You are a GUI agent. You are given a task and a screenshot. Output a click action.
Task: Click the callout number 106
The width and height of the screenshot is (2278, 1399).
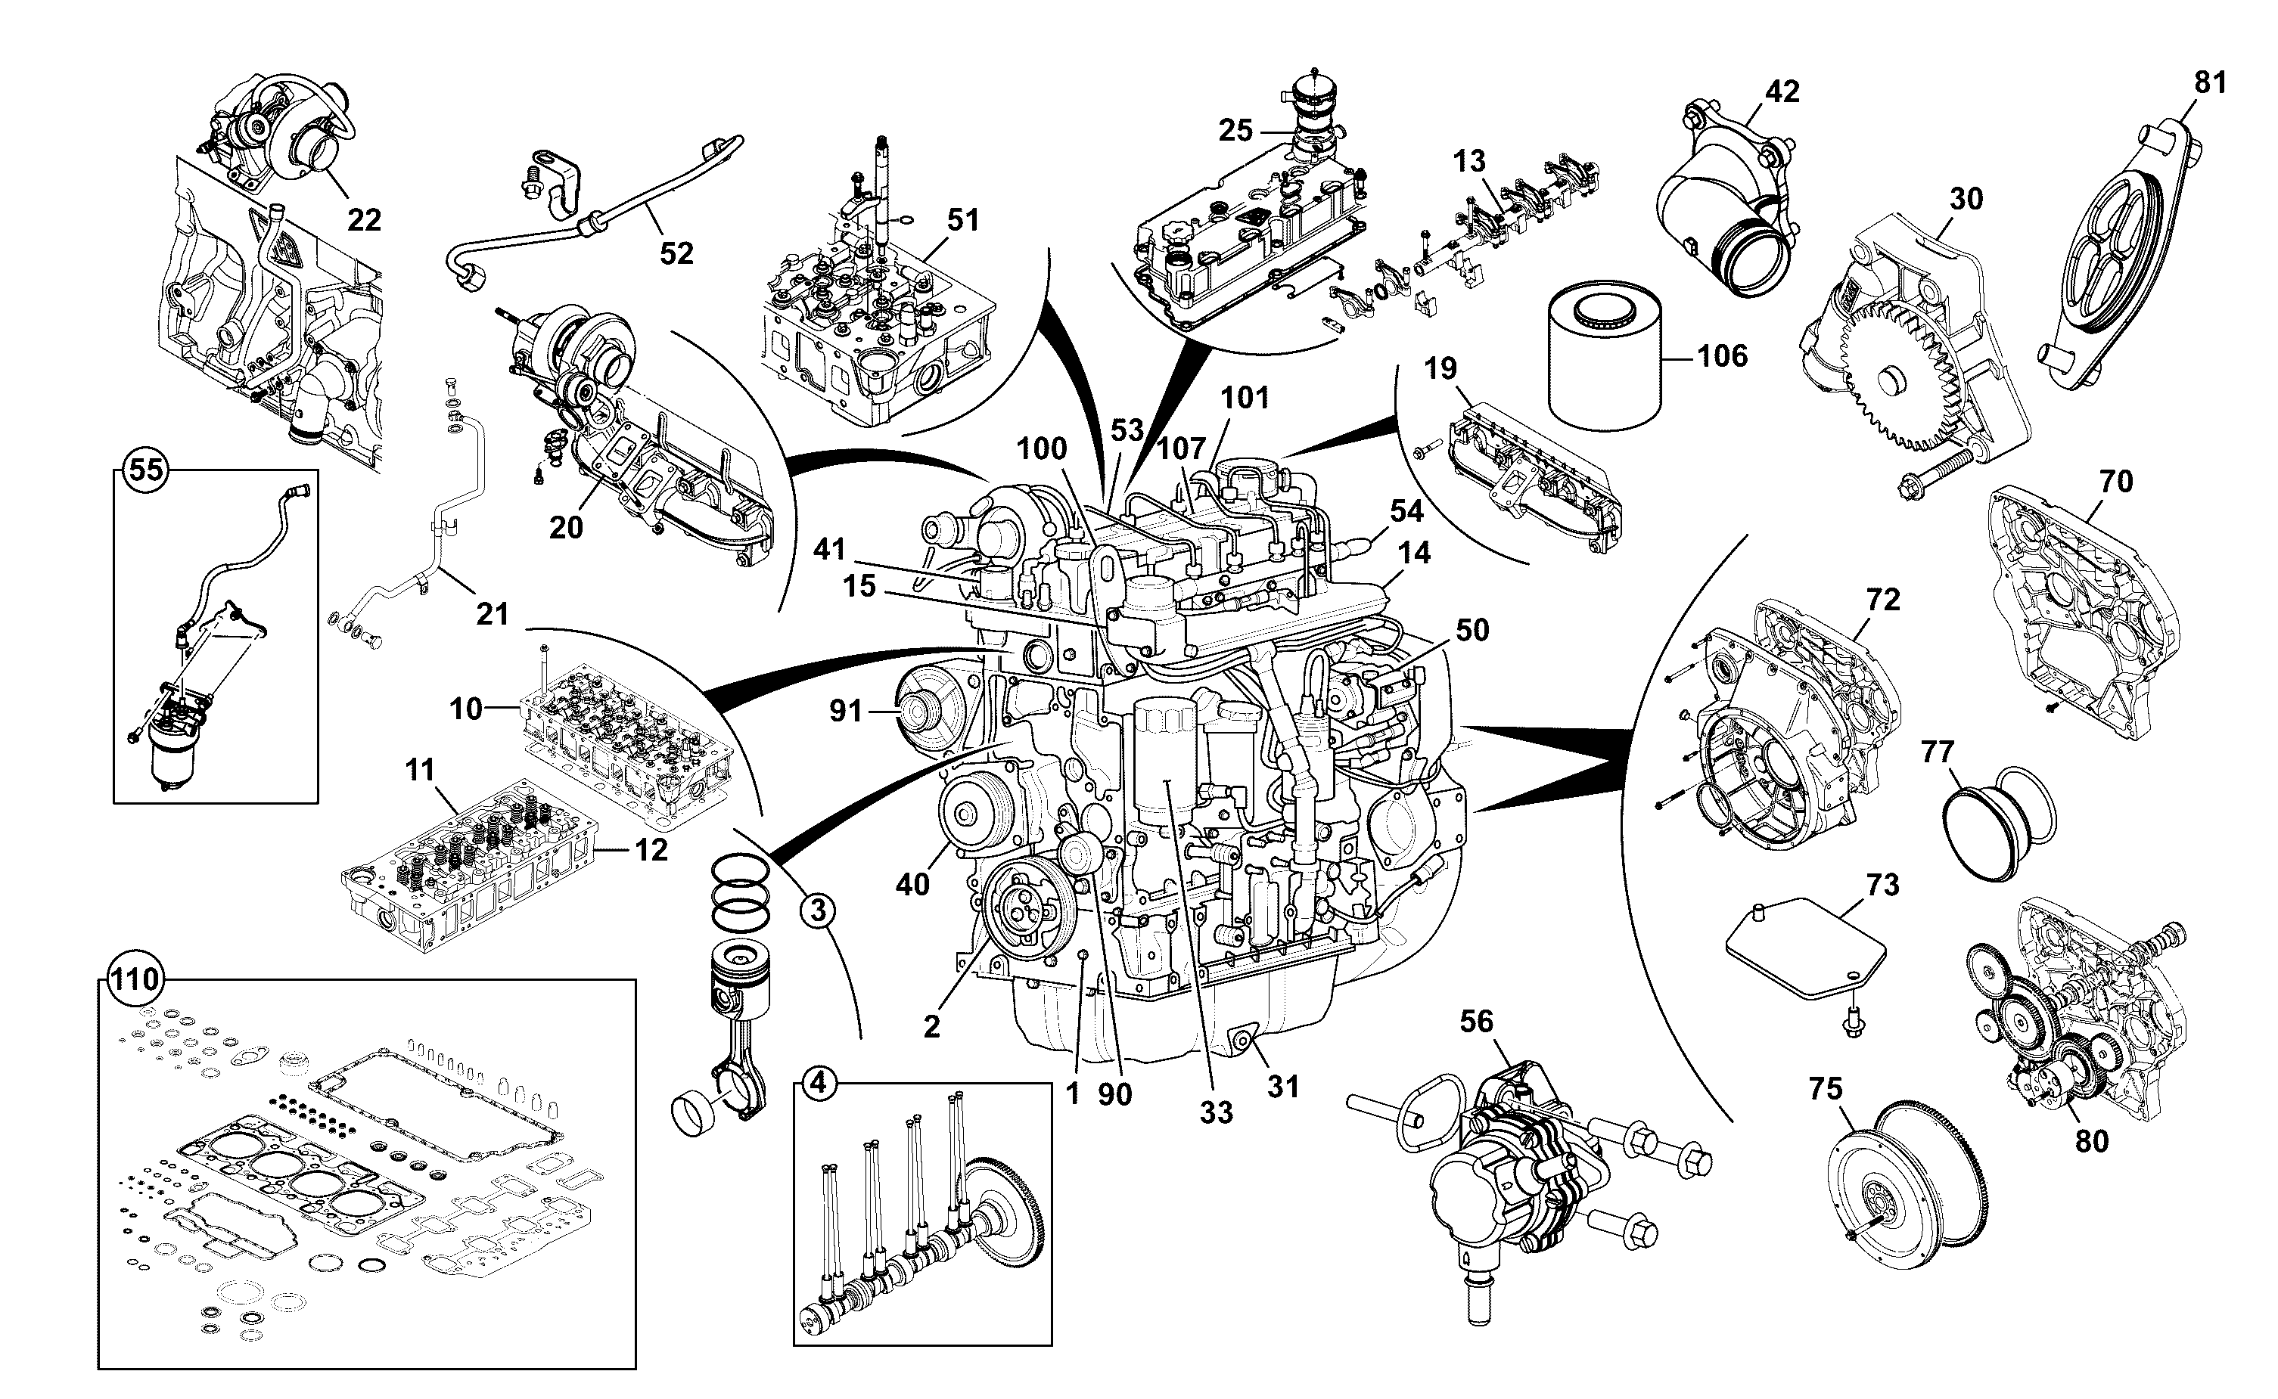click(x=1722, y=356)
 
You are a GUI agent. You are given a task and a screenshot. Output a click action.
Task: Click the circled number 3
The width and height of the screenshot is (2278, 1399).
click(x=817, y=911)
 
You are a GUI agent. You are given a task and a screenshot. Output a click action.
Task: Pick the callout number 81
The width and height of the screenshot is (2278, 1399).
click(x=2211, y=83)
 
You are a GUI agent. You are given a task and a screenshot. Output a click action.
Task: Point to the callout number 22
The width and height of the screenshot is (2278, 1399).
click(x=365, y=220)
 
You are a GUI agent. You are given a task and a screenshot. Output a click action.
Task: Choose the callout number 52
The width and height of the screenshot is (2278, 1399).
click(x=676, y=253)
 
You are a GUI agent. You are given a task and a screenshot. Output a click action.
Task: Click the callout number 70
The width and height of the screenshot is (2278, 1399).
click(x=2115, y=482)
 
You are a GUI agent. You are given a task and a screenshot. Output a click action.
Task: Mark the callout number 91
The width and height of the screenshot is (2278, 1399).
click(x=846, y=711)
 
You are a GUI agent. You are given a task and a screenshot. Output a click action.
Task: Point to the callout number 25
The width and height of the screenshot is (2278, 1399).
click(x=1235, y=131)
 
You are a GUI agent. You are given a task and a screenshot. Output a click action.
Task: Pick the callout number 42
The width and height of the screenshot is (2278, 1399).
click(x=1782, y=92)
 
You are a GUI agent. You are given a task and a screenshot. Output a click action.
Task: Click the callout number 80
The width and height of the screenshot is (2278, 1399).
click(x=2092, y=1142)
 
